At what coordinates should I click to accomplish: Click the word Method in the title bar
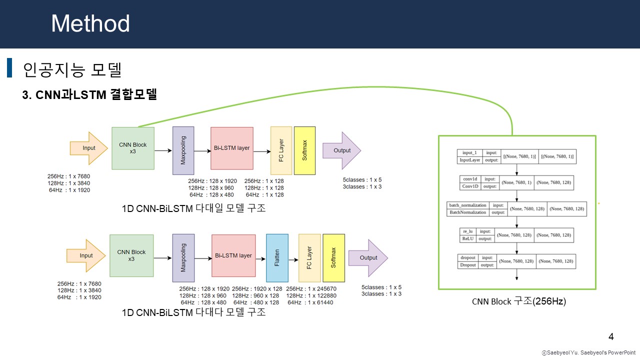pyautogui.click(x=90, y=23)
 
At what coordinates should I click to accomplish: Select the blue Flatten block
pyautogui.click(x=277, y=257)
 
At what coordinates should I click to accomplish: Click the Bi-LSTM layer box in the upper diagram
pyautogui.click(x=232, y=148)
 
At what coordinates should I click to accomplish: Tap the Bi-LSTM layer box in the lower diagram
pyautogui.click(x=233, y=255)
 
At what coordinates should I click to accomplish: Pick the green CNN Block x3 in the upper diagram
pyautogui.click(x=133, y=148)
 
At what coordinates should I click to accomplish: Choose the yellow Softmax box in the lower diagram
pyautogui.click(x=333, y=257)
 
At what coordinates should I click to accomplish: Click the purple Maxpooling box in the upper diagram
pyautogui.click(x=183, y=150)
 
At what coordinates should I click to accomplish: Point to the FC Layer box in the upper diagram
pyautogui.click(x=281, y=150)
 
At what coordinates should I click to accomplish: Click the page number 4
pyautogui.click(x=610, y=336)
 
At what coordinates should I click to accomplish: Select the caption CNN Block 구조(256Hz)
pyautogui.click(x=518, y=301)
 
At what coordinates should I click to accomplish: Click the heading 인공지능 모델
pyautogui.click(x=72, y=69)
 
